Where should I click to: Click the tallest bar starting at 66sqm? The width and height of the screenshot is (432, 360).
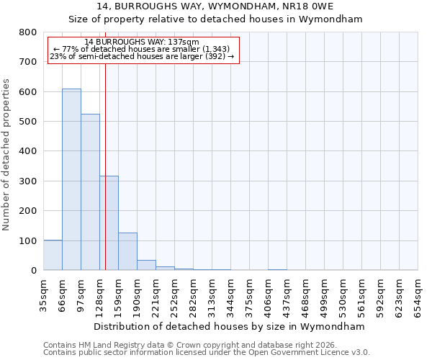71,179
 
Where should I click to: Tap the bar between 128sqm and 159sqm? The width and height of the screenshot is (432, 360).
109,223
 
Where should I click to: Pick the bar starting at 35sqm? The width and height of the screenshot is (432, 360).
53,255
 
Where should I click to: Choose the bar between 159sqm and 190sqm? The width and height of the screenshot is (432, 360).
127,251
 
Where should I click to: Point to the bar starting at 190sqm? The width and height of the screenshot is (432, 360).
146,265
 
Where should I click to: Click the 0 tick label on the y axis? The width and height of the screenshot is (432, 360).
33,271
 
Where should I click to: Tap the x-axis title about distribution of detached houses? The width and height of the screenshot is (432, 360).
230,326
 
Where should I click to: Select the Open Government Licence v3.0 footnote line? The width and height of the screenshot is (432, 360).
207,353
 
